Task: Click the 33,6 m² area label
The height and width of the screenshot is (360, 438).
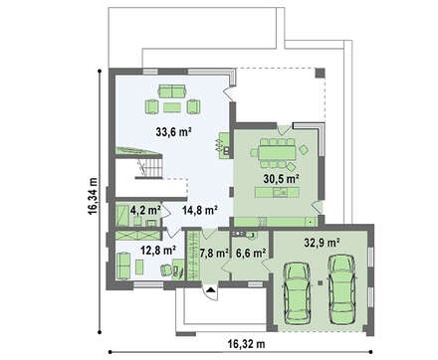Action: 173,132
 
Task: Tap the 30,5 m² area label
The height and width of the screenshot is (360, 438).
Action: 282,179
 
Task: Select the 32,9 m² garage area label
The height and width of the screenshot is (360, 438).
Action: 322,243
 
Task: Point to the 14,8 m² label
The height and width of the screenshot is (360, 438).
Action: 200,210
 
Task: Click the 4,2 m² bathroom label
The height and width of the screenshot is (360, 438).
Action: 145,210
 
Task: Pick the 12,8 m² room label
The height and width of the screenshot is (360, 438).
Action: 158,251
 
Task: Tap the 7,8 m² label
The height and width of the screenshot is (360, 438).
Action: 214,254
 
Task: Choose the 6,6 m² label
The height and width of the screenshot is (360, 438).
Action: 251,254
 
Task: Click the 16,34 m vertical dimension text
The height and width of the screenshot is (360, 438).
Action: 93,196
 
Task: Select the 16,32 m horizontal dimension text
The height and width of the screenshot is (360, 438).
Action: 246,344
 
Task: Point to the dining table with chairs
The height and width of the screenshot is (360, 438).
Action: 278,153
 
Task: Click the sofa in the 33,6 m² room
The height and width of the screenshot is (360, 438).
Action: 172,90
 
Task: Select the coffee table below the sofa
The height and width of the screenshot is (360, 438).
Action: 171,107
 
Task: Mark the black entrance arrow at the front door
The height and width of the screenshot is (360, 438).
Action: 210,290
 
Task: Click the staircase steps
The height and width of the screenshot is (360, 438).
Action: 150,166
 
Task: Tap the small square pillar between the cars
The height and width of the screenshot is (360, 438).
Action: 320,282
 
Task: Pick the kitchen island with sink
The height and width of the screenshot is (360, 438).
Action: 277,192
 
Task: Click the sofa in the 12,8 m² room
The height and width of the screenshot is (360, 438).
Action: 124,265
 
